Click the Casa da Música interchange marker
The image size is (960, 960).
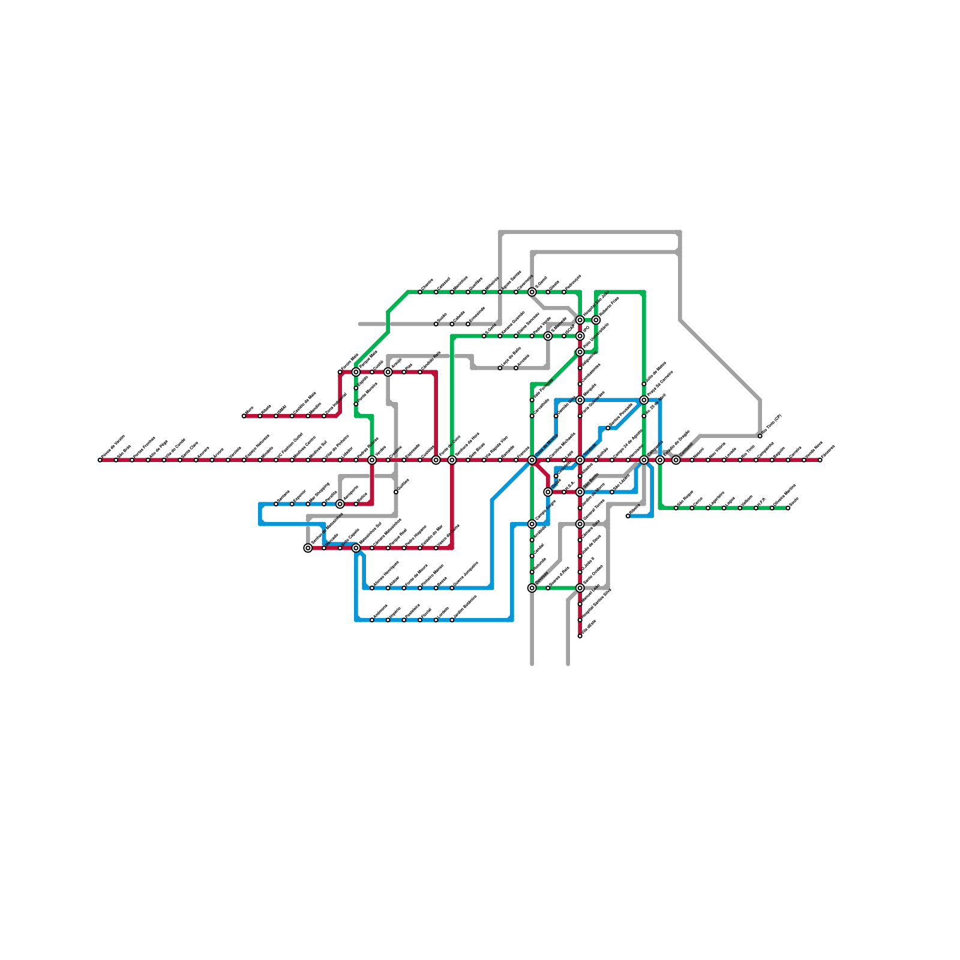tap(532, 460)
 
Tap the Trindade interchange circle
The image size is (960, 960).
tap(580, 460)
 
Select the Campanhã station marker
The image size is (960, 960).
tap(644, 460)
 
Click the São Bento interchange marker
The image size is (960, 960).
tap(580, 492)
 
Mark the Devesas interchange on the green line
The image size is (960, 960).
tap(532, 588)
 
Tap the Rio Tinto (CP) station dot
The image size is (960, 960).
tap(760, 436)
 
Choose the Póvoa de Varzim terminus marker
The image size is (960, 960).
tap(100, 460)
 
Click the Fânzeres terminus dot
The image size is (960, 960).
tap(820, 460)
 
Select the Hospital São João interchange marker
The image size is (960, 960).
tap(580, 320)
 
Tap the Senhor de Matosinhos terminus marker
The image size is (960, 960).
tap(308, 548)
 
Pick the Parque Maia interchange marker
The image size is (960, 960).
tap(356, 372)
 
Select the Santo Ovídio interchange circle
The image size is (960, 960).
tap(580, 588)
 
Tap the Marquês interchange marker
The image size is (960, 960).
tap(580, 400)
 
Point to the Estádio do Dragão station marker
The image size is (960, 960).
tap(660, 460)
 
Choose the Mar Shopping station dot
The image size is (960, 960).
tap(308, 504)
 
